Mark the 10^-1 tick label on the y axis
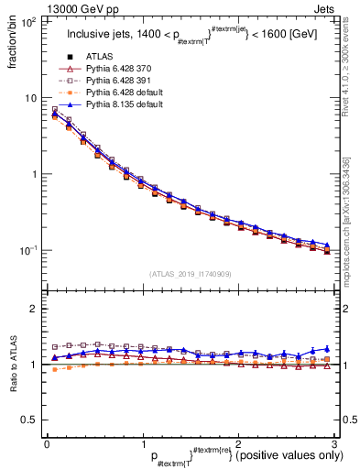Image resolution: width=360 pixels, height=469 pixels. (x=27, y=249)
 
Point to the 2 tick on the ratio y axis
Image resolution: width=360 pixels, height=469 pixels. (x=33, y=309)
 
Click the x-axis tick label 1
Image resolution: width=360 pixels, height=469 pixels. (x=142, y=443)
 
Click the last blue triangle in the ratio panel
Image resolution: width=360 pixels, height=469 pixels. (x=327, y=349)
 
